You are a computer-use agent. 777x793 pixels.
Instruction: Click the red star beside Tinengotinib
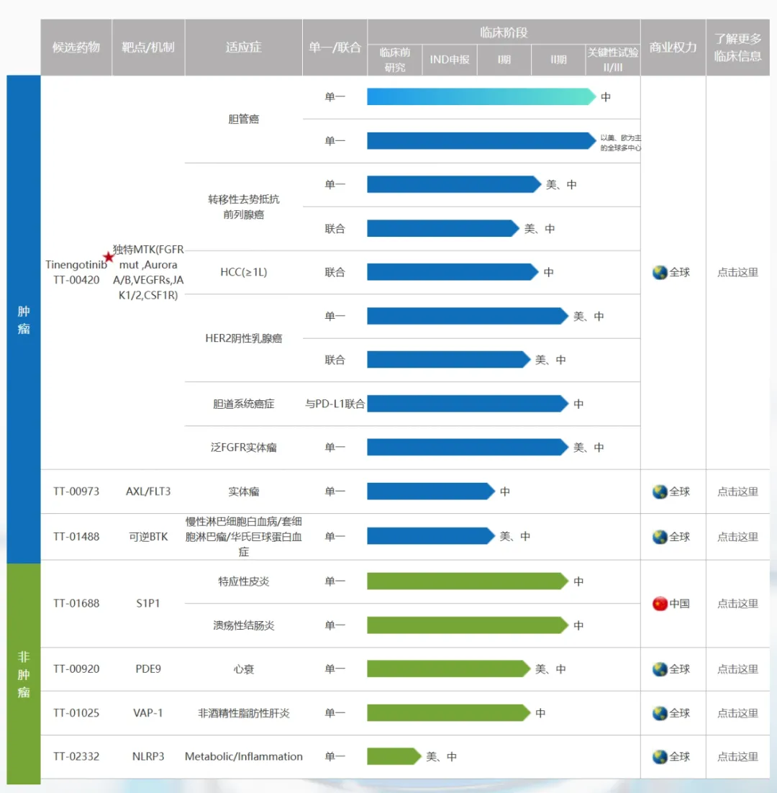[x=109, y=257]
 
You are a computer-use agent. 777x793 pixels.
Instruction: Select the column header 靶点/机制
[x=148, y=47]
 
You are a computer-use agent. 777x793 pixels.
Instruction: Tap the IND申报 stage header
[x=450, y=60]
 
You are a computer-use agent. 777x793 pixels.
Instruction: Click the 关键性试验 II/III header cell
[x=612, y=60]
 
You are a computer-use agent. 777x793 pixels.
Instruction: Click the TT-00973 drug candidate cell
[x=76, y=491]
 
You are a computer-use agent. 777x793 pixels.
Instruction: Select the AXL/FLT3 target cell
[x=148, y=491]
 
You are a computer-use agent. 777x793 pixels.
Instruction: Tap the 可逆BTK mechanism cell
[x=148, y=536]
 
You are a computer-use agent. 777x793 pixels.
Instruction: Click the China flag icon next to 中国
[x=660, y=604]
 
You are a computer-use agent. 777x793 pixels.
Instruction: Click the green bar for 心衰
[x=448, y=669]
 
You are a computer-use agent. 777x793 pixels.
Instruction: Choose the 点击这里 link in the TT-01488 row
[x=737, y=537]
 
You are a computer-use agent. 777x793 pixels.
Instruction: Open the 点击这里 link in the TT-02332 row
[x=737, y=757]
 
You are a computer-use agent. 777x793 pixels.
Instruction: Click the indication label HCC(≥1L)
[x=243, y=272]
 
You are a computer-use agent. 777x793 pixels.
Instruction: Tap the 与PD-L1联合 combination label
[x=335, y=404]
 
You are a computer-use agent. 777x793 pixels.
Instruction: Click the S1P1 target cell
[x=148, y=604]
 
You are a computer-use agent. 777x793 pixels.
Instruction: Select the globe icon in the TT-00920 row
[x=660, y=669]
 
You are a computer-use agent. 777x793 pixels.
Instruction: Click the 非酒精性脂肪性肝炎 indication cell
[x=243, y=713]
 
